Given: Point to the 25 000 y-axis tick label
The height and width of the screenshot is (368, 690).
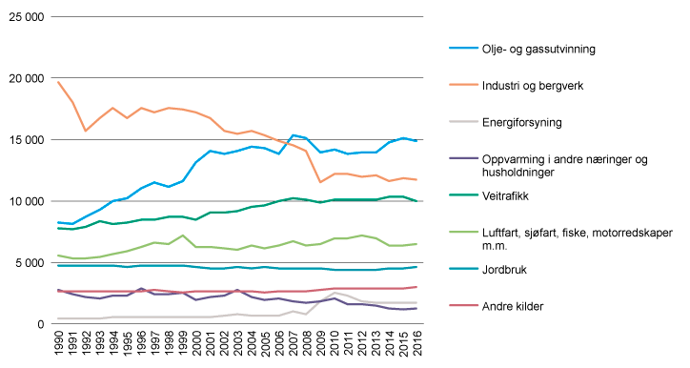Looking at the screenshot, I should point(27,17).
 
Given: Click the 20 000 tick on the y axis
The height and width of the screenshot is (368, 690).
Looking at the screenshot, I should point(27,78).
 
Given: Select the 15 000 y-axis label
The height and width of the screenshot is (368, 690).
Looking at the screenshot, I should point(27,140).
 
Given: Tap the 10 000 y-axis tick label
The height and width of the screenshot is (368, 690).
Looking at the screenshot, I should point(27,201).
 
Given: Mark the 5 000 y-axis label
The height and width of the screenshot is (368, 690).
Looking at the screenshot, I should point(30,263).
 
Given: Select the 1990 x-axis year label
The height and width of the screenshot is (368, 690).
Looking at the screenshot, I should point(59,345).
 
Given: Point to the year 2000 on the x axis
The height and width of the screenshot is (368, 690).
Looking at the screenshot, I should point(196,345).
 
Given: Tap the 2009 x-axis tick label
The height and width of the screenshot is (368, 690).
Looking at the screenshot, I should point(320,345).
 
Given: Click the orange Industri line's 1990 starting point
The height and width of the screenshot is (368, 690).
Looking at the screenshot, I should point(59,82).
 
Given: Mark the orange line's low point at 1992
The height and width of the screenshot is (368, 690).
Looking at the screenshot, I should point(86,131).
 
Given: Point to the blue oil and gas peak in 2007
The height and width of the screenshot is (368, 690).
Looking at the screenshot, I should point(293,135).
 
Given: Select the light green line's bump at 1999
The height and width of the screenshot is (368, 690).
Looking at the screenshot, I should point(182,235).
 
